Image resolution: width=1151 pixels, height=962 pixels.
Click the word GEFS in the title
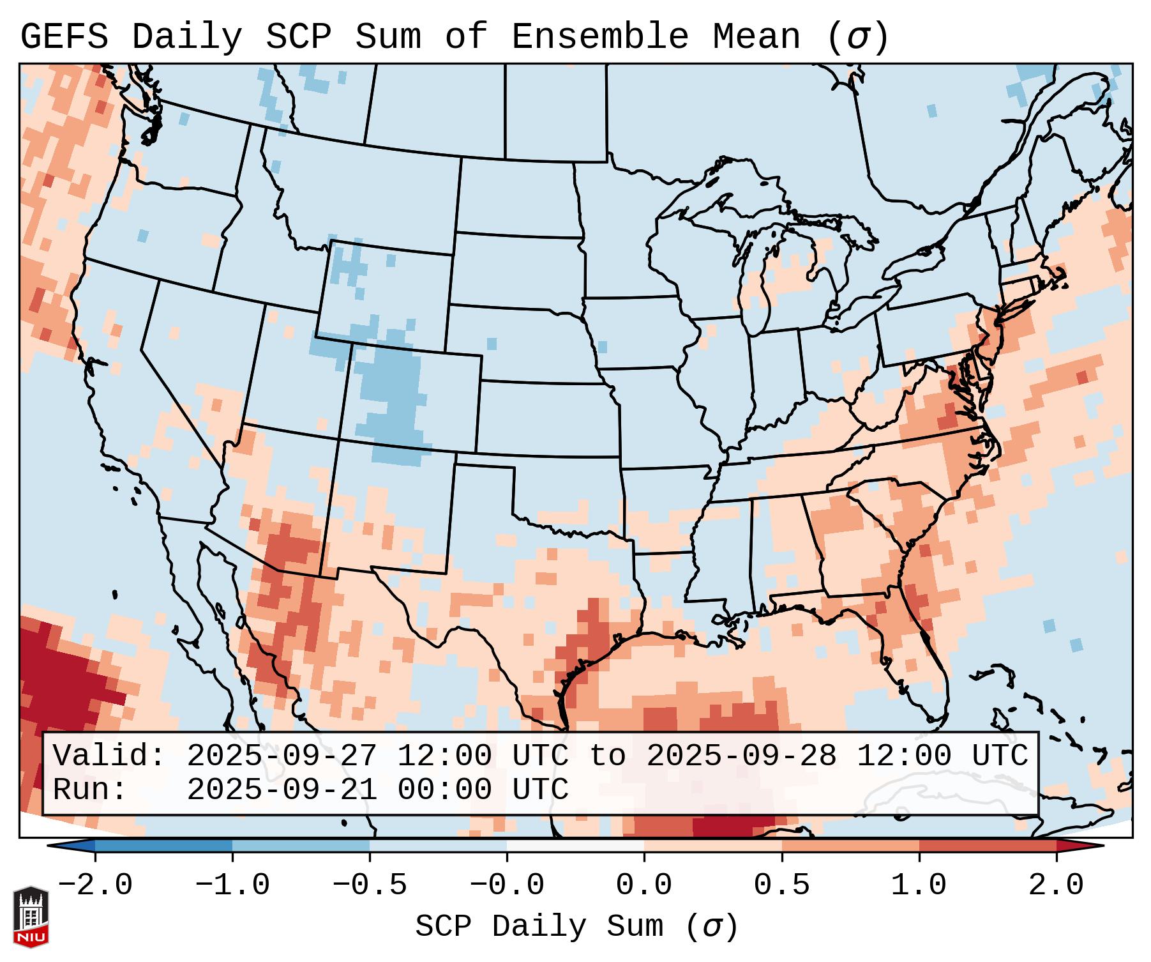click(x=64, y=37)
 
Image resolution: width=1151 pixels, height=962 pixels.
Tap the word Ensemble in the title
click(x=600, y=37)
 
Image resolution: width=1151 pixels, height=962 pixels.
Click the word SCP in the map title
click(x=298, y=37)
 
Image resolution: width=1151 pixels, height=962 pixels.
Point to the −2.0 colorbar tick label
click(x=95, y=885)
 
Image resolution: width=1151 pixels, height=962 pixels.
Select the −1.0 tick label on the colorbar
click(x=232, y=885)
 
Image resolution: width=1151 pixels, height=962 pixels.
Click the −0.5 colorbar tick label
click(x=370, y=885)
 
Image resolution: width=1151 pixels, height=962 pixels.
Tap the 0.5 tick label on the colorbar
click(x=781, y=885)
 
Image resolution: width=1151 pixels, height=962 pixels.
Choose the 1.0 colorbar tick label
click(x=919, y=885)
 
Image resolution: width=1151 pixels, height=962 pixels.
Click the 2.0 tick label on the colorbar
click(x=1056, y=885)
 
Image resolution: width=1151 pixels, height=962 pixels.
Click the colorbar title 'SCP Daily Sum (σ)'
click(x=576, y=927)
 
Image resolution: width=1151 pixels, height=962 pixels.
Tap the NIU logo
click(x=31, y=916)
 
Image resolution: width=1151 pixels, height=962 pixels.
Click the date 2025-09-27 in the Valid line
click(x=282, y=756)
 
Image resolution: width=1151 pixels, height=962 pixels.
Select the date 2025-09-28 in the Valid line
click(x=742, y=756)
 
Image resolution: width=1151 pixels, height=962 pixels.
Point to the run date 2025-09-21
click(x=282, y=790)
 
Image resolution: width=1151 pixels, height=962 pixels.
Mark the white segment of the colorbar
click(x=575, y=846)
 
